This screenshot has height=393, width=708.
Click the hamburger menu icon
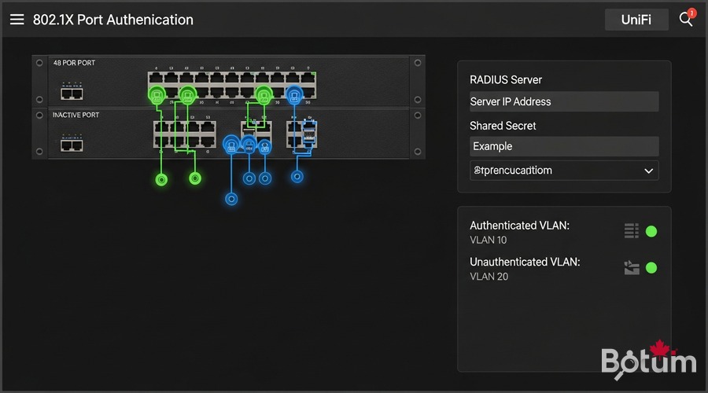click(17, 20)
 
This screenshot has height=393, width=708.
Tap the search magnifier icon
click(686, 20)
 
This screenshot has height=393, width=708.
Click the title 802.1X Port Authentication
click(113, 20)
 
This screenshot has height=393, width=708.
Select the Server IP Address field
click(564, 101)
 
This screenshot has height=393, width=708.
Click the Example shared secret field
click(564, 146)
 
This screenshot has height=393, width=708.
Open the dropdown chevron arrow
click(648, 171)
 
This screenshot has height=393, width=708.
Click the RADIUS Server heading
click(506, 79)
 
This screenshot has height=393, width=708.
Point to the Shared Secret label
click(503, 126)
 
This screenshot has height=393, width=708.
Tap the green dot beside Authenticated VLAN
click(651, 231)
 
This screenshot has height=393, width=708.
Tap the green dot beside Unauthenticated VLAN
click(651, 267)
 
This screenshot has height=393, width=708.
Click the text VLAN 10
click(489, 240)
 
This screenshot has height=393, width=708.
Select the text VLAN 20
click(489, 276)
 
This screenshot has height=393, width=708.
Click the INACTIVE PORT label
click(76, 116)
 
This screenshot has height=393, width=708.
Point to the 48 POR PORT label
click(74, 63)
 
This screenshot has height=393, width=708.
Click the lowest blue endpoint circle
click(231, 199)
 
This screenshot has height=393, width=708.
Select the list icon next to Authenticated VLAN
click(631, 230)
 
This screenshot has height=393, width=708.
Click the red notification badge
click(692, 13)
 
